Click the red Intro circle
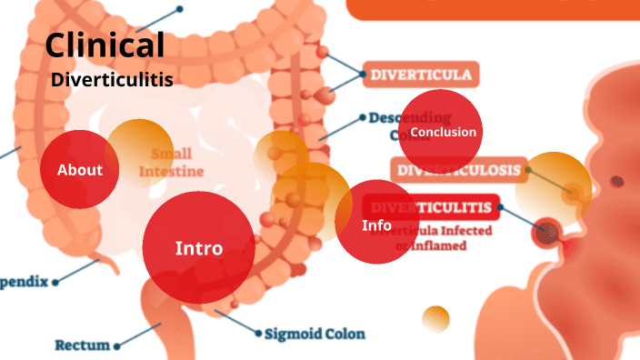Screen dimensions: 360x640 pyautogui.click(x=198, y=247)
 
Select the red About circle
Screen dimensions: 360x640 pyautogui.click(x=80, y=170)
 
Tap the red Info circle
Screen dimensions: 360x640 pyautogui.click(x=376, y=225)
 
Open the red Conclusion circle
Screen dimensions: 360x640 pyautogui.click(x=441, y=132)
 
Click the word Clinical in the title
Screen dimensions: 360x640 pyautogui.click(x=105, y=45)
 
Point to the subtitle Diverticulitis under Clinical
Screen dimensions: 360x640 pyautogui.click(x=112, y=80)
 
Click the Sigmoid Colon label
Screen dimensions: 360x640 pyautogui.click(x=315, y=334)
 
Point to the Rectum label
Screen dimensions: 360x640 pyautogui.click(x=82, y=345)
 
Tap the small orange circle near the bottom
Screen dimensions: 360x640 pyautogui.click(x=435, y=319)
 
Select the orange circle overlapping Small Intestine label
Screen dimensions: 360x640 pyautogui.click(x=138, y=150)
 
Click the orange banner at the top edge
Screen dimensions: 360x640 pyautogui.click(x=491, y=9)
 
